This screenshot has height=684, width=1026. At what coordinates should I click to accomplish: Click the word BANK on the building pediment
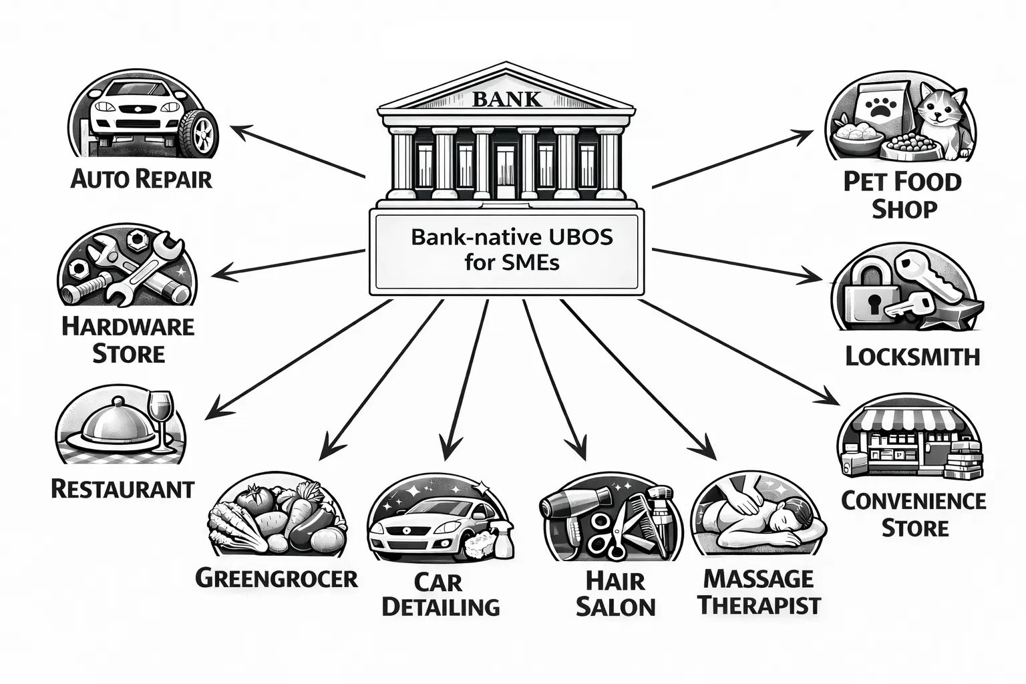506,100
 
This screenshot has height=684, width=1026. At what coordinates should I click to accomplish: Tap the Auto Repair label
141,179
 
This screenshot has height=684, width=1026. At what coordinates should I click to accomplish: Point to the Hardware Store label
128,339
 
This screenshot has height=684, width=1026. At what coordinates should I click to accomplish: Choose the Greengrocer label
276,578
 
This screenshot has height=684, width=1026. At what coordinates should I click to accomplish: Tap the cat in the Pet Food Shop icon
941,117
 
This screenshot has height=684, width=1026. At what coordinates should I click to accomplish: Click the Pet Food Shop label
902,194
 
